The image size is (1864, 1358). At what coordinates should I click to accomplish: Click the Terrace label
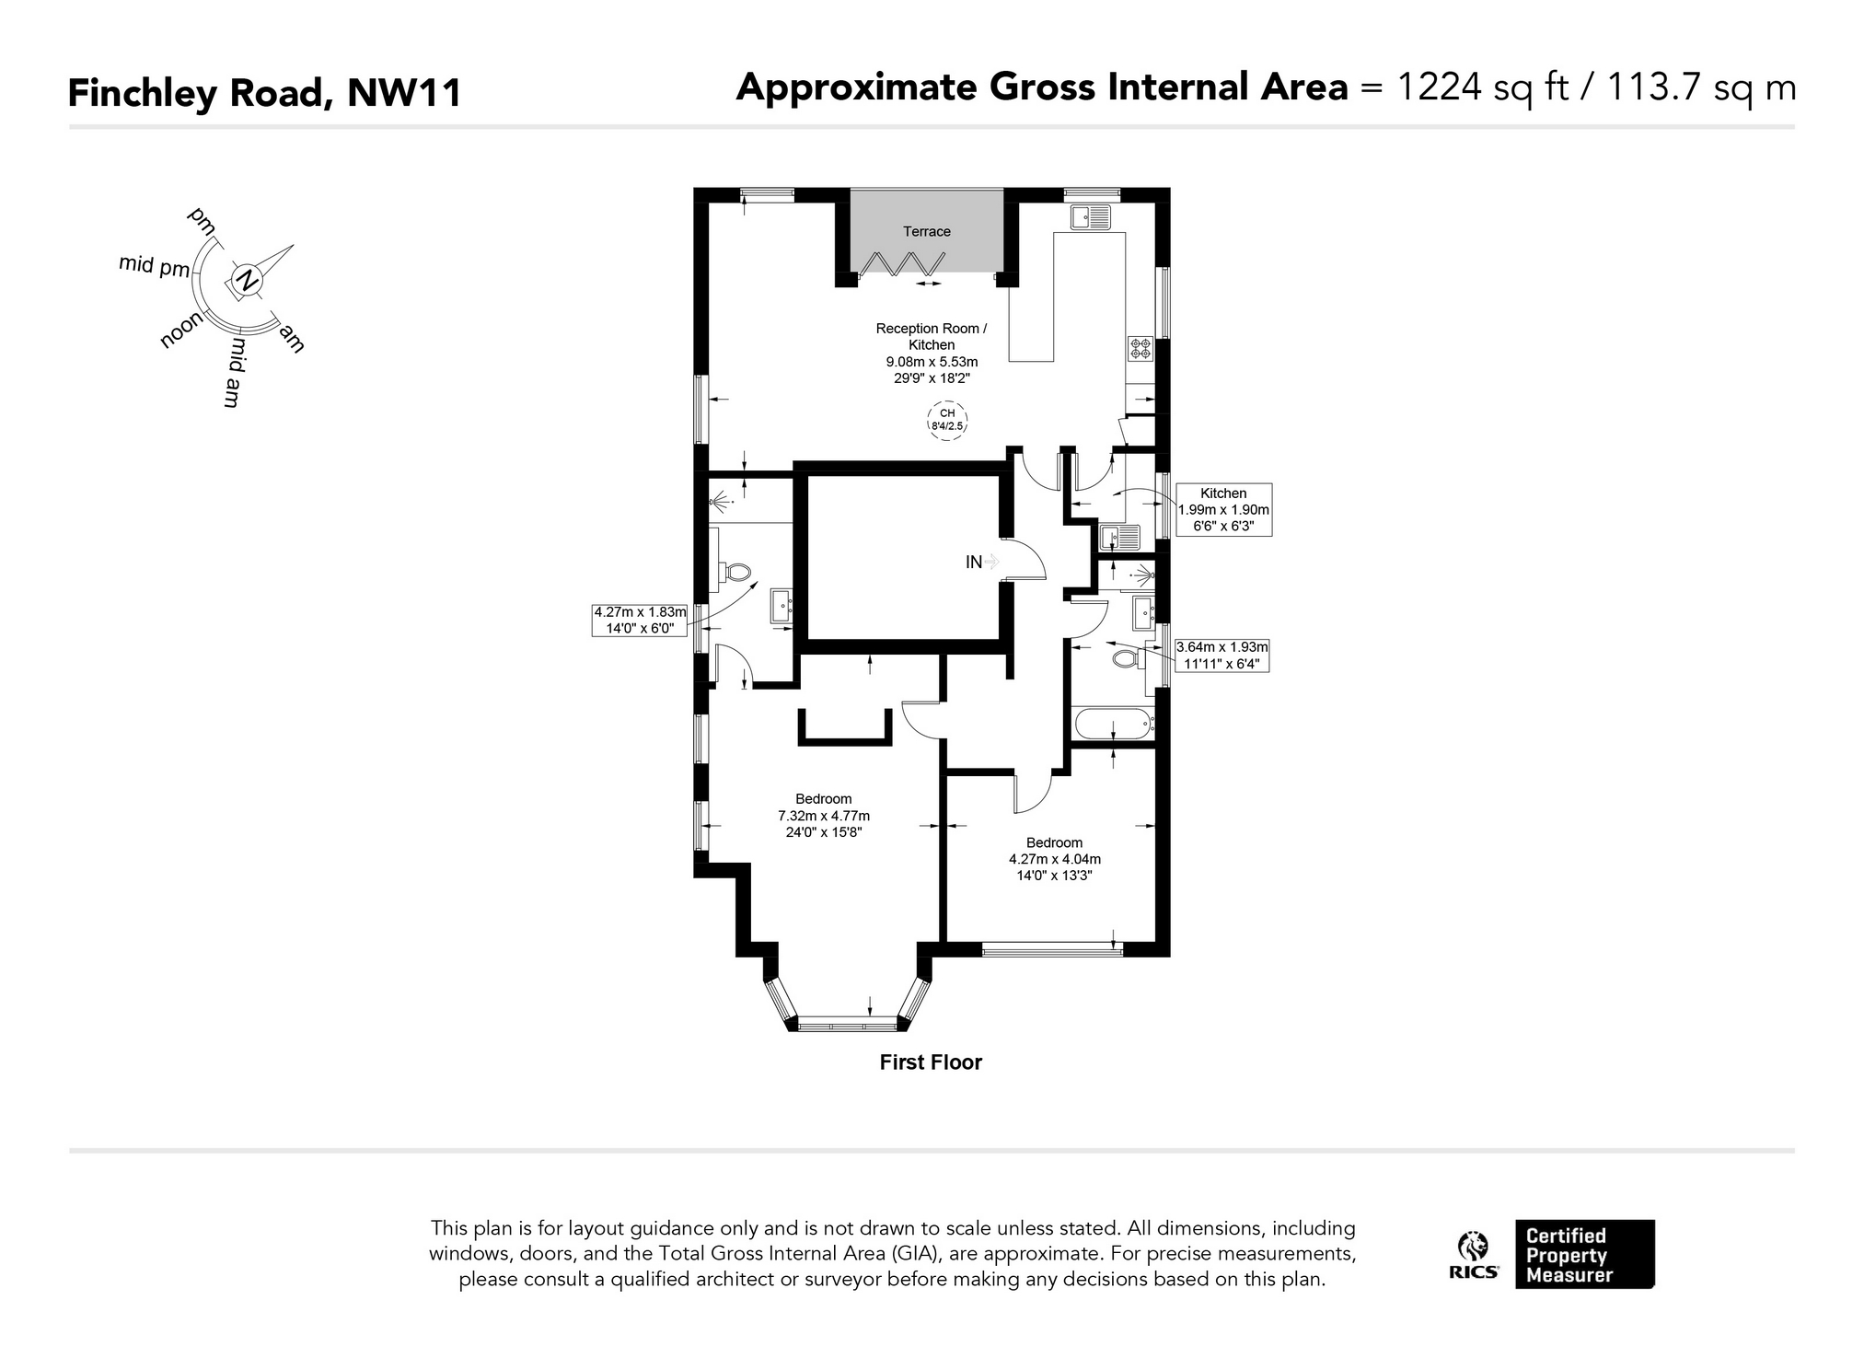926,231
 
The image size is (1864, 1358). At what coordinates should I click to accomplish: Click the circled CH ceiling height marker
947,420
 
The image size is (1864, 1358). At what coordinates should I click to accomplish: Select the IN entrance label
973,562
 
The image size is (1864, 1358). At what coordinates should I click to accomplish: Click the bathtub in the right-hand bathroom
1113,724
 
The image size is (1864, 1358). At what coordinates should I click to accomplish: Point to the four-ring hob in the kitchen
1140,349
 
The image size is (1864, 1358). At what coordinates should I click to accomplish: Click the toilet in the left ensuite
735,572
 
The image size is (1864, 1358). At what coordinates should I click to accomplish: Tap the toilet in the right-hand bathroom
1127,659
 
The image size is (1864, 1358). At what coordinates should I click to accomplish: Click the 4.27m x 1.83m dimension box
640,620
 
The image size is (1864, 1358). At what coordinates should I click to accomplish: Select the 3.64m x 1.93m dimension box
1221,655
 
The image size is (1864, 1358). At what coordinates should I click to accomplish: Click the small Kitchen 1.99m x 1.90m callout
1223,510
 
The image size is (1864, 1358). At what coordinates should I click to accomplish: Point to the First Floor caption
931,1062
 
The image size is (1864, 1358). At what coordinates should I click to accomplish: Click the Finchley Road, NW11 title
265,93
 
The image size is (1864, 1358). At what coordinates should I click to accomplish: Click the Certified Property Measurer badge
1584,1254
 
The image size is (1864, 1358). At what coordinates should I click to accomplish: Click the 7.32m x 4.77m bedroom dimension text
824,816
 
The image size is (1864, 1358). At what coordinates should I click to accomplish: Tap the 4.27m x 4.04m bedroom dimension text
1055,859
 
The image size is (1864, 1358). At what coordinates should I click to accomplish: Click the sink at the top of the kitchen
1091,217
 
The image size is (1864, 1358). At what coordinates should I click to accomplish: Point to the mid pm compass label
154,265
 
